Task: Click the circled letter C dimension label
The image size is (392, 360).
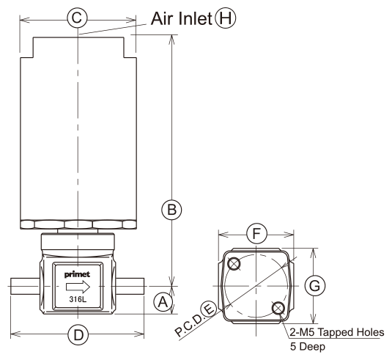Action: [x=77, y=18]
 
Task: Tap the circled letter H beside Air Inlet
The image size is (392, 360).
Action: [x=226, y=18]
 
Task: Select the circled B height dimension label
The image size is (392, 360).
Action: [x=171, y=210]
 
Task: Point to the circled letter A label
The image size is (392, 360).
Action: [x=163, y=302]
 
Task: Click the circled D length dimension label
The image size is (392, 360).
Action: [x=78, y=334]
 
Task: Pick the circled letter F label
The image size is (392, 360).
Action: [x=256, y=234]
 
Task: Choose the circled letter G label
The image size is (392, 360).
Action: [x=315, y=285]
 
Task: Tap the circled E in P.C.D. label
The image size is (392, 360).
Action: [x=208, y=309]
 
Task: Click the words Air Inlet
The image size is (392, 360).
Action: [x=182, y=18]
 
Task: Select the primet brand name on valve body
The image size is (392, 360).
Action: [x=77, y=274]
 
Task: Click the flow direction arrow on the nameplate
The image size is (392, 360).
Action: [x=78, y=287]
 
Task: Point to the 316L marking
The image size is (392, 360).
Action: [x=78, y=299]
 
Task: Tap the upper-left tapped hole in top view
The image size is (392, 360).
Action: [x=234, y=263]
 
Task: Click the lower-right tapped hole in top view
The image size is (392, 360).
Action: [x=278, y=308]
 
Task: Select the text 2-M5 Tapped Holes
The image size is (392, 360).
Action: [x=337, y=332]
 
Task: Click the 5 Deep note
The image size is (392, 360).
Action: [x=308, y=347]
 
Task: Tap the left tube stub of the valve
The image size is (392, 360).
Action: [x=25, y=286]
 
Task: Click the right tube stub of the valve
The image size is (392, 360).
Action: [x=130, y=286]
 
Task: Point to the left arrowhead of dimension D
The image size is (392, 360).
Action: [x=15, y=334]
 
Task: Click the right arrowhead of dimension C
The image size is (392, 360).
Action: [x=130, y=20]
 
